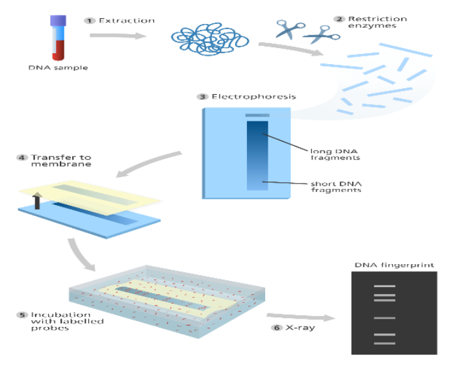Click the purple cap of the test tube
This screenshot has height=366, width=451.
[x=58, y=21]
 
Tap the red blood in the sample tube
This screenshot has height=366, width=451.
[x=58, y=50]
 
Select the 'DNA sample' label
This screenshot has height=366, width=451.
[x=58, y=67]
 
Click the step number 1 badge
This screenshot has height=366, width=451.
[x=90, y=21]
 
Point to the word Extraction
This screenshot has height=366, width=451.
[x=127, y=21]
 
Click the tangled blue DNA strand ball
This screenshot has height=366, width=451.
[x=210, y=40]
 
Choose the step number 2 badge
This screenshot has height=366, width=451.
[x=339, y=19]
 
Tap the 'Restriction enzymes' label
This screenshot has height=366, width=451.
[x=378, y=22]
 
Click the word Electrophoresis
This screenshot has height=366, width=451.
[x=253, y=97]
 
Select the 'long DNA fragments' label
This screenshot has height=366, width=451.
[x=335, y=154]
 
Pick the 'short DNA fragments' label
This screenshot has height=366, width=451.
[x=336, y=187]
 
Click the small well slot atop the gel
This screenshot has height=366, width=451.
[x=257, y=116]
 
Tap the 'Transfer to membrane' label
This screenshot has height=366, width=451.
[x=61, y=160]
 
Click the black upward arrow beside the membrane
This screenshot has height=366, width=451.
[x=37, y=201]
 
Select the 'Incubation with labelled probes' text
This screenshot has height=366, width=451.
[x=68, y=321]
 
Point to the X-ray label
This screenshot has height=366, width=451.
[x=300, y=328]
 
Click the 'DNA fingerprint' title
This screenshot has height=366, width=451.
[x=394, y=265]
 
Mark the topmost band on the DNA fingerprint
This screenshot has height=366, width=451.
[x=385, y=286]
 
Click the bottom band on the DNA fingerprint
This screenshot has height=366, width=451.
[x=385, y=343]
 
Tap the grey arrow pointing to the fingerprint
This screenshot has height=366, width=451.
[x=301, y=317]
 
